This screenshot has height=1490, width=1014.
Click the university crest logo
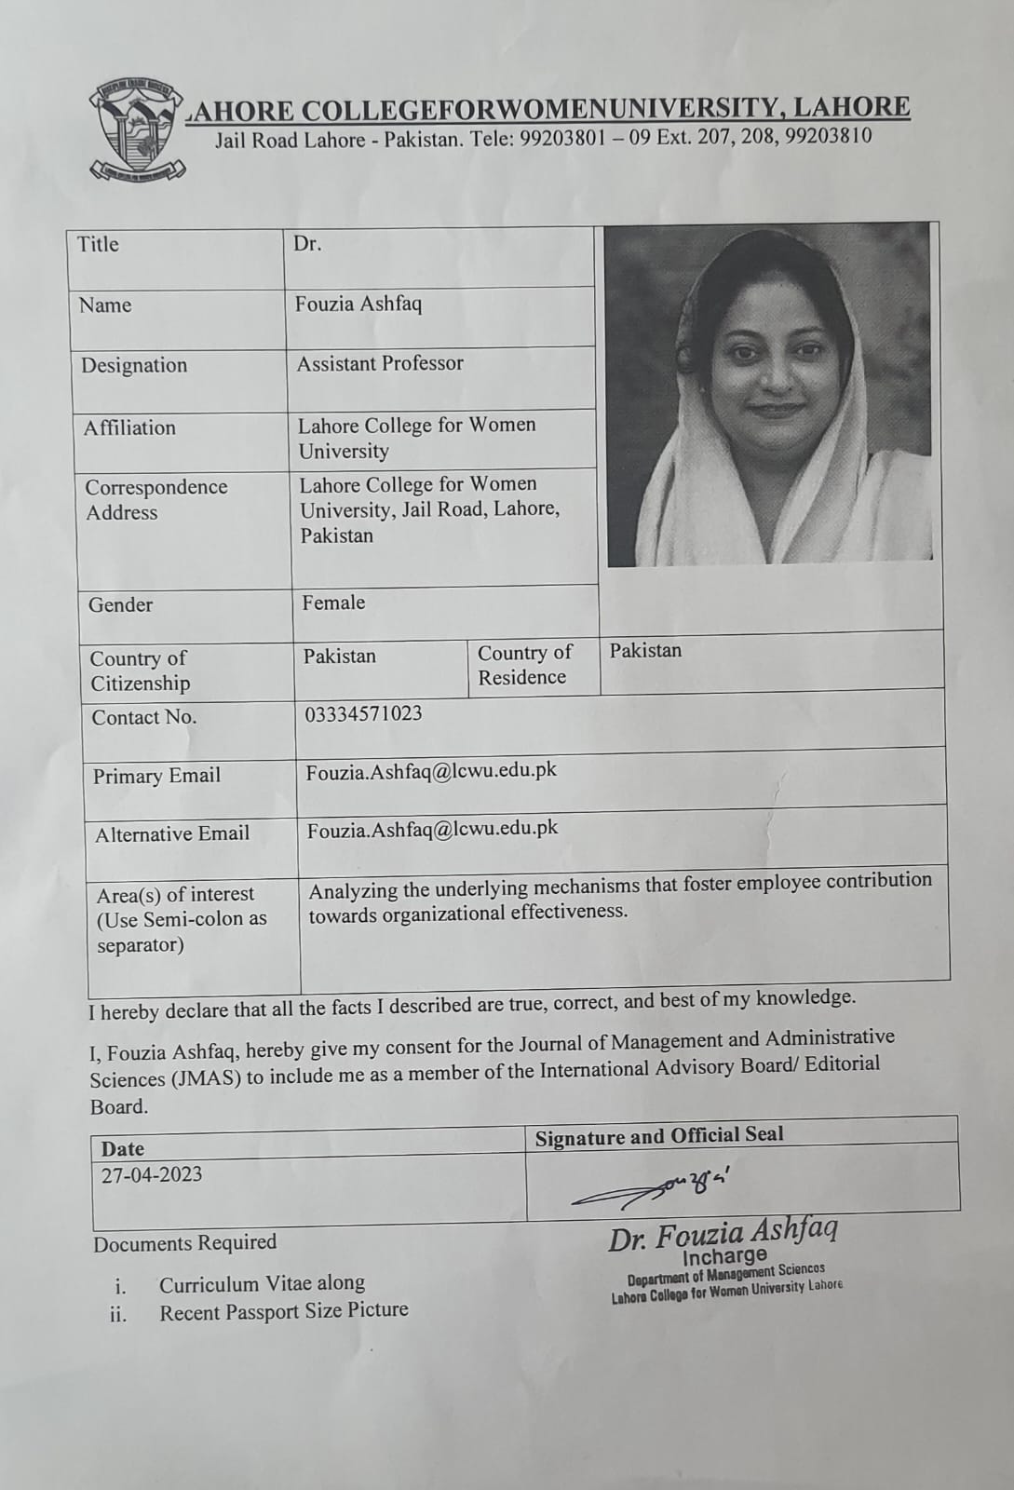[x=138, y=129]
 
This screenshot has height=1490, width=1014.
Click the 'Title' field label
[x=98, y=244]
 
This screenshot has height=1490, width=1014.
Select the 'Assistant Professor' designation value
[x=380, y=363]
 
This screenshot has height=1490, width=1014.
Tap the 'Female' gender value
[x=333, y=603]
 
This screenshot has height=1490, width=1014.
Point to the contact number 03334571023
[x=363, y=713]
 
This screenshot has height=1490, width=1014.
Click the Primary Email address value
[x=431, y=771]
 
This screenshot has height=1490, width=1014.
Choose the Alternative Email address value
[x=433, y=828]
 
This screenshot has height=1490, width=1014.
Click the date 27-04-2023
[x=152, y=1174]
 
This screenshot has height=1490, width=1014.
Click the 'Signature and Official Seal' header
[x=659, y=1136]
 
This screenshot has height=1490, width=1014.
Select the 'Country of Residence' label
[x=524, y=665]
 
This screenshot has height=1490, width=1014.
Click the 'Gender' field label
[x=120, y=604]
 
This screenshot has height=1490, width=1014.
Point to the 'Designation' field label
[x=134, y=365]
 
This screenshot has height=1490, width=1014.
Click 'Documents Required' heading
[x=185, y=1243]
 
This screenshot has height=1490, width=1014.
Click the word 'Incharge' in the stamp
[x=724, y=1256]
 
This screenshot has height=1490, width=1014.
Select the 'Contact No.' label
[x=144, y=717]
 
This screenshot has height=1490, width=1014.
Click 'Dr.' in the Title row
[x=307, y=244]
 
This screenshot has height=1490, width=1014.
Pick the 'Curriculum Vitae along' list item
[x=262, y=1283]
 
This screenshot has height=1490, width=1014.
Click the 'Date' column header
[x=123, y=1149]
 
